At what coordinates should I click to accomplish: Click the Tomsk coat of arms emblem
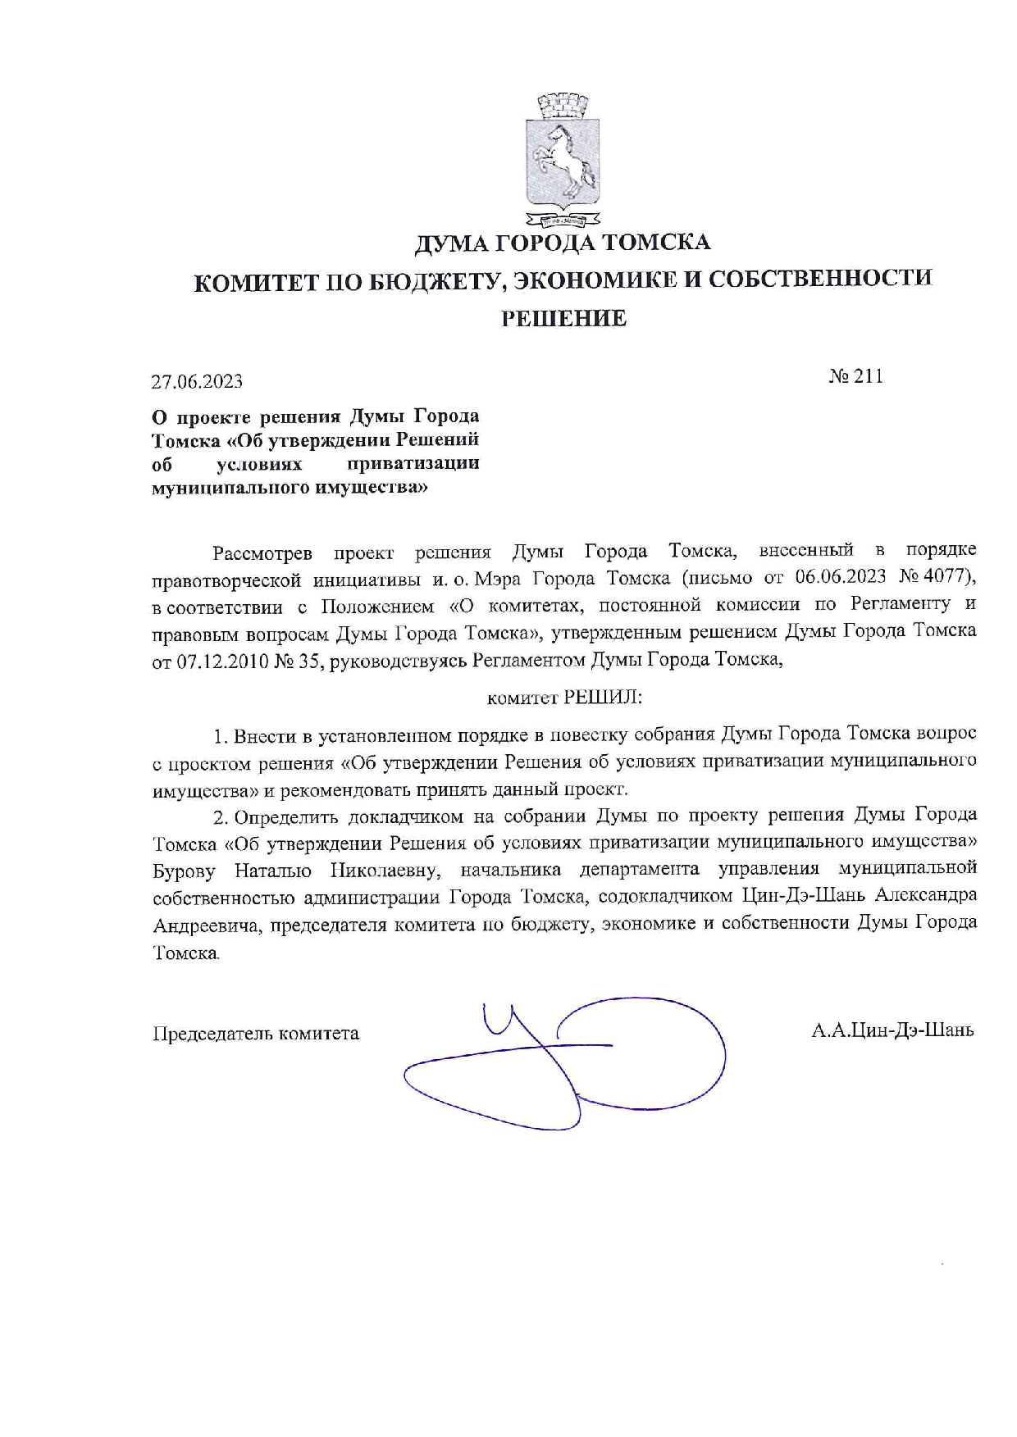pyautogui.click(x=563, y=160)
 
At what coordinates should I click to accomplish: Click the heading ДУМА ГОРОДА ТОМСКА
pyautogui.click(x=562, y=243)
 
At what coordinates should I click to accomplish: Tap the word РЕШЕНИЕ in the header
pyautogui.click(x=563, y=319)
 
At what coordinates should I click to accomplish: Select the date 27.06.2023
pyautogui.click(x=197, y=382)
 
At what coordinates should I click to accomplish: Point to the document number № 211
pyautogui.click(x=855, y=376)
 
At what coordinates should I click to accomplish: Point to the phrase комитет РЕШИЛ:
pyautogui.click(x=564, y=698)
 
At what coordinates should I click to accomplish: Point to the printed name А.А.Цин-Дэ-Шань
pyautogui.click(x=892, y=1030)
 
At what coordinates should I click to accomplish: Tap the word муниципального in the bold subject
pyautogui.click(x=221, y=488)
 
